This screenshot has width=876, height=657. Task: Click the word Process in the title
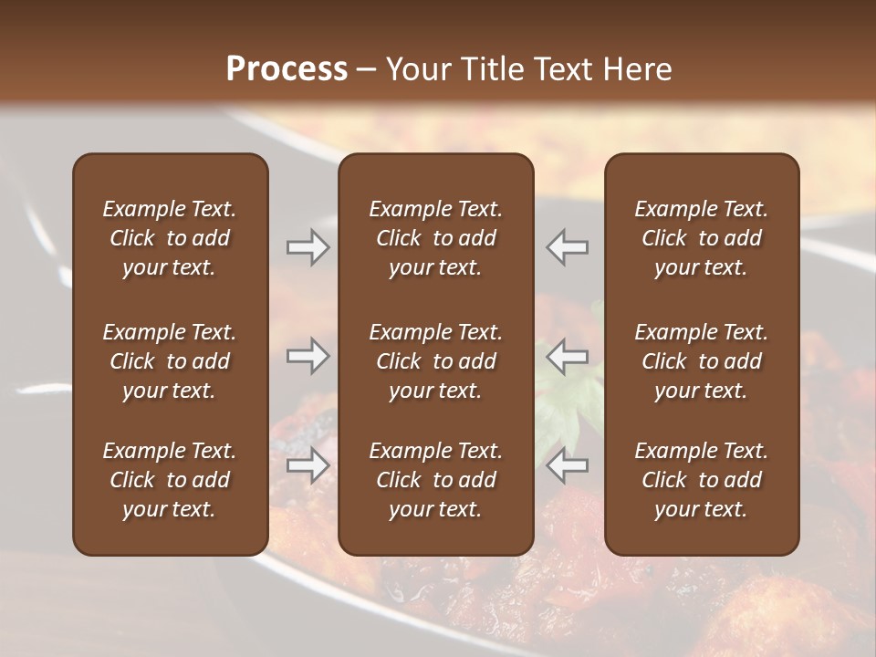coord(287,68)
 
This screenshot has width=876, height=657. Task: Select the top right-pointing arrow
coord(308,247)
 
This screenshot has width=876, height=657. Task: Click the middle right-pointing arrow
coord(308,356)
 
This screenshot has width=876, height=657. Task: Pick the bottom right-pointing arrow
coord(308,465)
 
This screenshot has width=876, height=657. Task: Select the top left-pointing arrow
coord(567,247)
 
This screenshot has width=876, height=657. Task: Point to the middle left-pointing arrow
coord(567,356)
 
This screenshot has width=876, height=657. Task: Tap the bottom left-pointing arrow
coord(567,465)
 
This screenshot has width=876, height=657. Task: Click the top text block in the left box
coord(170,238)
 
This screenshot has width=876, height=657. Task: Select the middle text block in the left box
coord(170,361)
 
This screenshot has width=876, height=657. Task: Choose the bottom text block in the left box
coord(170,480)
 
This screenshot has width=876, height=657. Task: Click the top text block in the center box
coord(435,238)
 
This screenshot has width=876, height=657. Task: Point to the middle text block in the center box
coord(435,361)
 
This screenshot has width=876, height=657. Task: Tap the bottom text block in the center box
coord(435,480)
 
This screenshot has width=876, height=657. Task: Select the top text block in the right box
coord(701,238)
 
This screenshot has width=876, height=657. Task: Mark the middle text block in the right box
coord(701,361)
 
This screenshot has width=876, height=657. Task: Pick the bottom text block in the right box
coord(701,480)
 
